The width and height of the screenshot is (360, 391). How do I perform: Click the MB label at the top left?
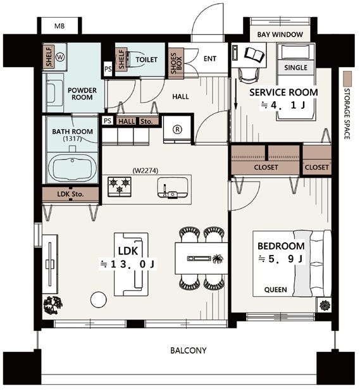59,26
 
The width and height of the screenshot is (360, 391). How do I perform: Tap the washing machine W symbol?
60,58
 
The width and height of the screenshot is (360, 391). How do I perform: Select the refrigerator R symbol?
178,129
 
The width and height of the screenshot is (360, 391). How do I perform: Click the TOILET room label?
147,59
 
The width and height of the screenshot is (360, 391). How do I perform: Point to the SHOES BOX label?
176,63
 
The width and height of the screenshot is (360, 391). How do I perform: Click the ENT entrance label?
210,59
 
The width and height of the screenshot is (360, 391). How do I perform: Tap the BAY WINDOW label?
280,34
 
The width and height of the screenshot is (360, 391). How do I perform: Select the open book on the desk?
254,54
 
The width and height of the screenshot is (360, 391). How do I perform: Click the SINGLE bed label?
295,68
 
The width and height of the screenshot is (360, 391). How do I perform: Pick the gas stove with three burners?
120,187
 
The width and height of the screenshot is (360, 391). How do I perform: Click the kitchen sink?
173,188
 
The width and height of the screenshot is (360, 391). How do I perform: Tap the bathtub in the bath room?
72,168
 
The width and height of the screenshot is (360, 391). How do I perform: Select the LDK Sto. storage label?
70,194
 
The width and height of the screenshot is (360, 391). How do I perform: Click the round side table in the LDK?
99,300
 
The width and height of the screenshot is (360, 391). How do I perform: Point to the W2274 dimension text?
146,171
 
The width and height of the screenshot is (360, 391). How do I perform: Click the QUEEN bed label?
275,290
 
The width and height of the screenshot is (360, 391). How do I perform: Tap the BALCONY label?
189,351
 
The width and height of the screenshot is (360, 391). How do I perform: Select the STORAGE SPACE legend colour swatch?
347,79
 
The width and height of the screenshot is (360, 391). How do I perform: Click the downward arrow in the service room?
235,94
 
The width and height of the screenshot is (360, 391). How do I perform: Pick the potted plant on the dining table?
218,259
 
